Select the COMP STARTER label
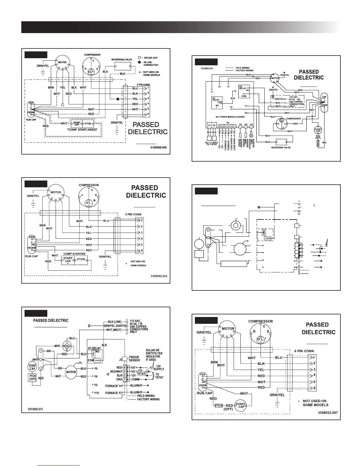point(75,253)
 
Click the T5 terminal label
point(235,91)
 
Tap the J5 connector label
point(120,360)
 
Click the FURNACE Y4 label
point(114,386)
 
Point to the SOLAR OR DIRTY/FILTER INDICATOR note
point(154,355)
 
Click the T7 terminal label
point(246,106)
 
